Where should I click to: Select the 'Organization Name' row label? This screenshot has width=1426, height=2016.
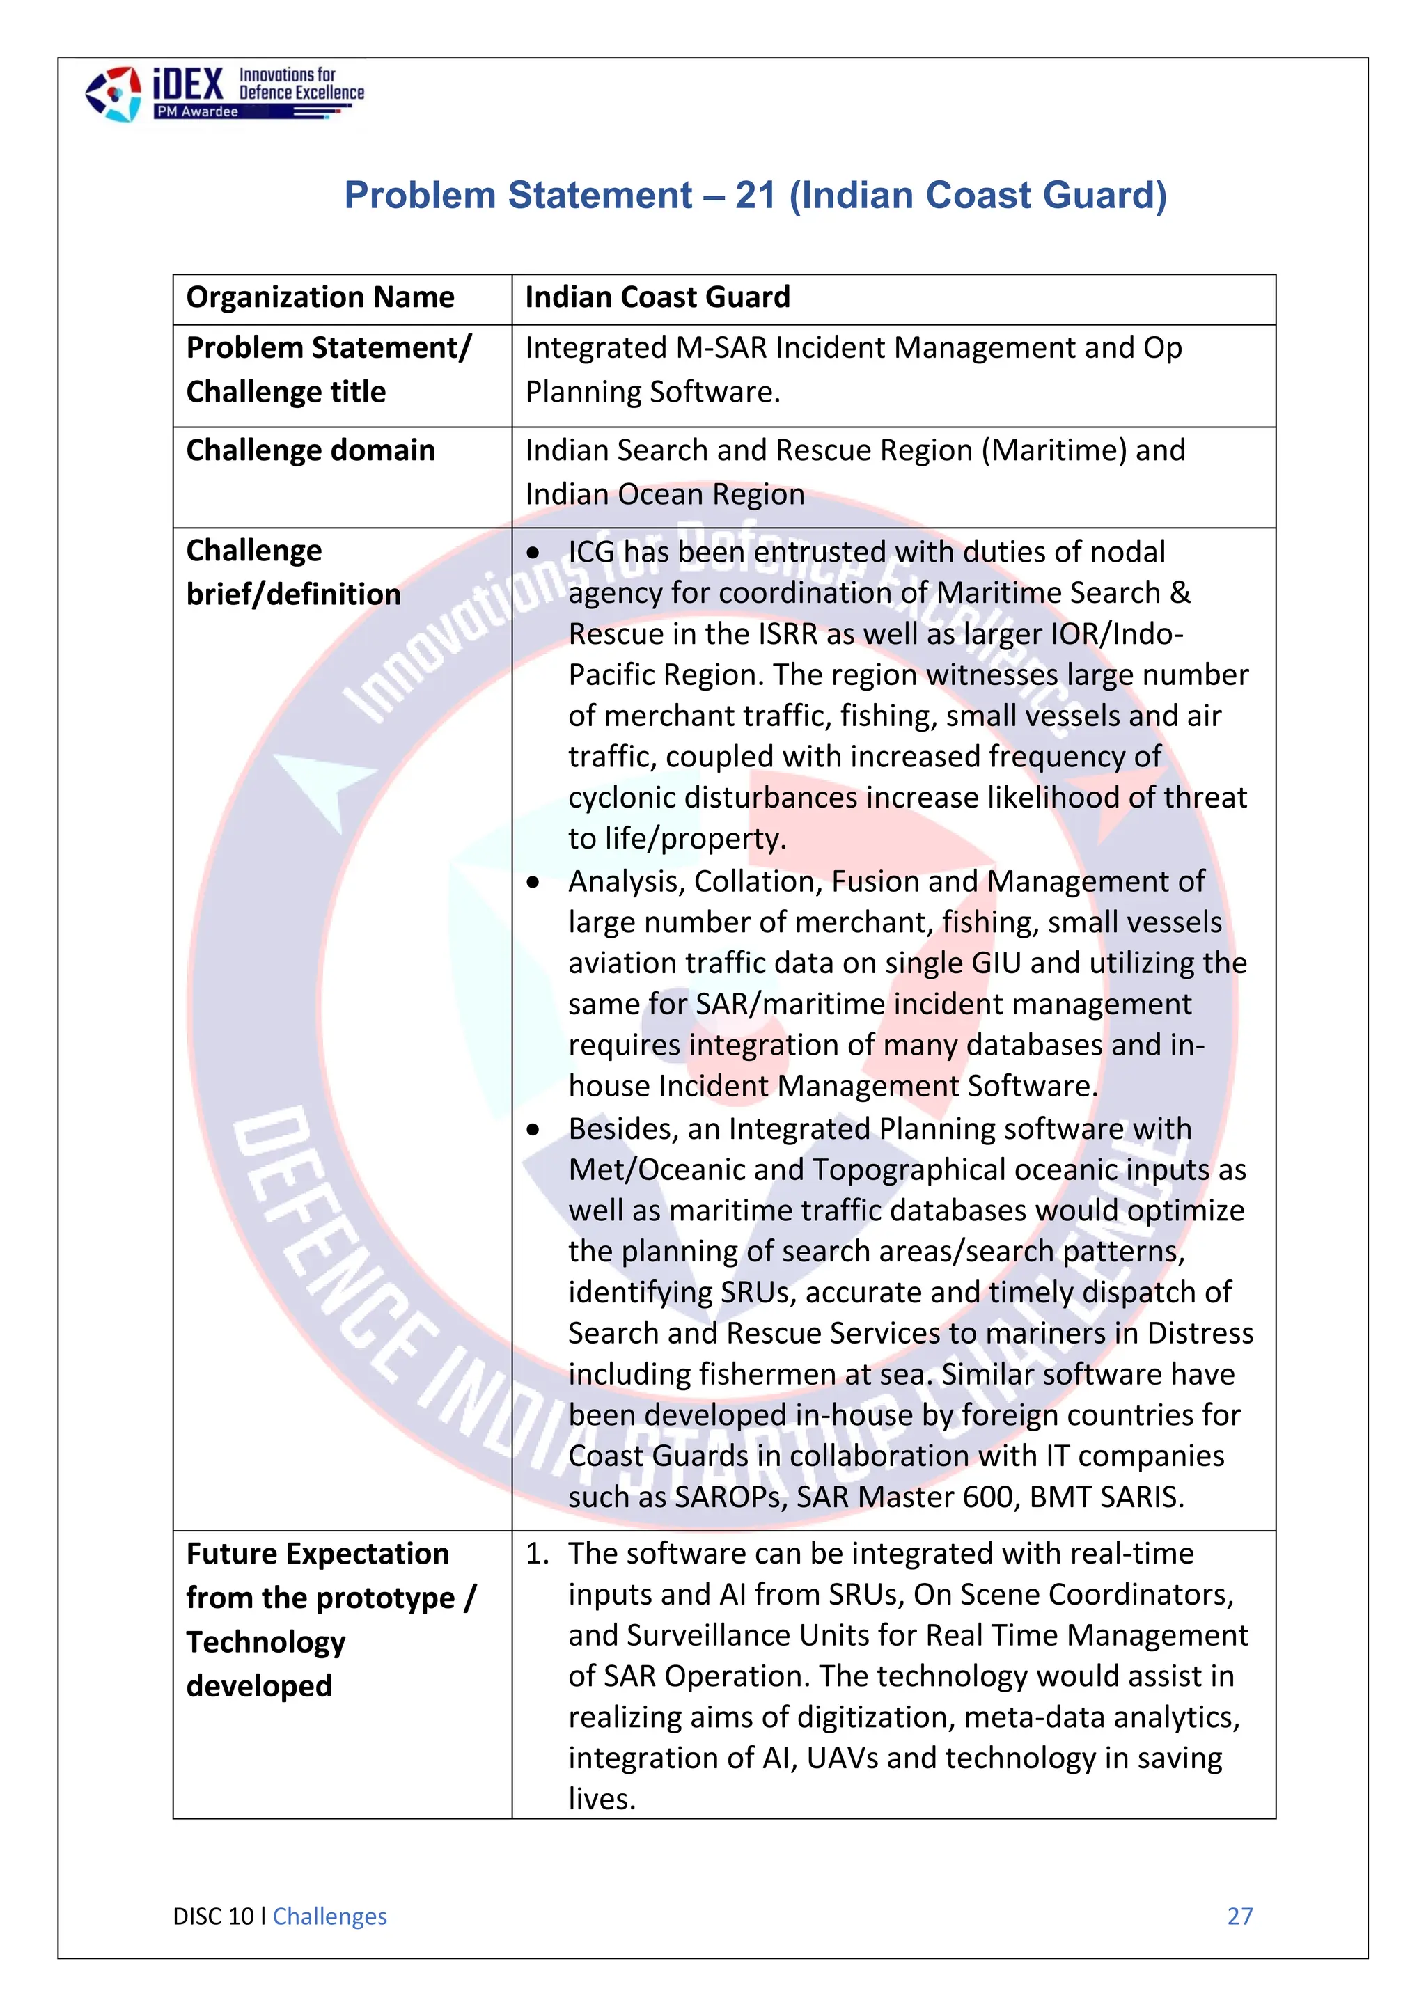tap(320, 298)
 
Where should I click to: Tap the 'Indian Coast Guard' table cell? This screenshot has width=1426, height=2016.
tap(658, 298)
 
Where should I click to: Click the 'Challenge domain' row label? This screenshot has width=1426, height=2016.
tap(310, 450)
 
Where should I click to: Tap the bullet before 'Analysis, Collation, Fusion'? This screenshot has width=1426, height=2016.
tap(533, 883)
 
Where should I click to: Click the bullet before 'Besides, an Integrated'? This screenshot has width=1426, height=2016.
tap(533, 1130)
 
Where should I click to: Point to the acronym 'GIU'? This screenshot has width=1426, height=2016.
tap(996, 963)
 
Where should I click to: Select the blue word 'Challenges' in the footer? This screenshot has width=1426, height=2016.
tap(329, 1916)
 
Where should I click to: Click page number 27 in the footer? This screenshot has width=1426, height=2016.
tap(1239, 1916)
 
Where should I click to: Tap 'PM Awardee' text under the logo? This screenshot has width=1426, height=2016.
tap(196, 111)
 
